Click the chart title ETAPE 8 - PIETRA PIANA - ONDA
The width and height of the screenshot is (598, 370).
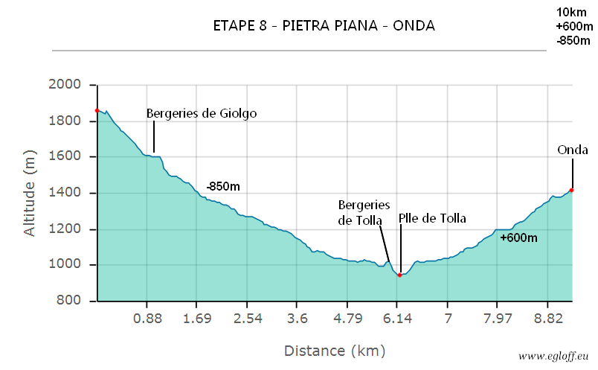324,26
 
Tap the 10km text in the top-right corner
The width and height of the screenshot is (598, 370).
570,12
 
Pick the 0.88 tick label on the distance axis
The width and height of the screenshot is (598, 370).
147,319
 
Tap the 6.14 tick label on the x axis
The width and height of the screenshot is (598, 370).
398,319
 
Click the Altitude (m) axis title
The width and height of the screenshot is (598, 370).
30,193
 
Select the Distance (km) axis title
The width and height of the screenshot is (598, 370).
334,350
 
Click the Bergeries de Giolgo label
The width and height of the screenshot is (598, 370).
202,114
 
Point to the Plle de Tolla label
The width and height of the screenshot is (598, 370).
432,218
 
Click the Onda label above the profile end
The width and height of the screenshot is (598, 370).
573,150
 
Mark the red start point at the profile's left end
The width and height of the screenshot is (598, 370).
97,111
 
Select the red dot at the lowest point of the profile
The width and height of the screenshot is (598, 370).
400,275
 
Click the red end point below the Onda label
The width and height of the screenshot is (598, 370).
571,190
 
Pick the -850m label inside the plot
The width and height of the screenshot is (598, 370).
222,186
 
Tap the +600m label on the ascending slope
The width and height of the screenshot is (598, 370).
518,238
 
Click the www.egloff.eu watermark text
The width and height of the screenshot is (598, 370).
554,357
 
